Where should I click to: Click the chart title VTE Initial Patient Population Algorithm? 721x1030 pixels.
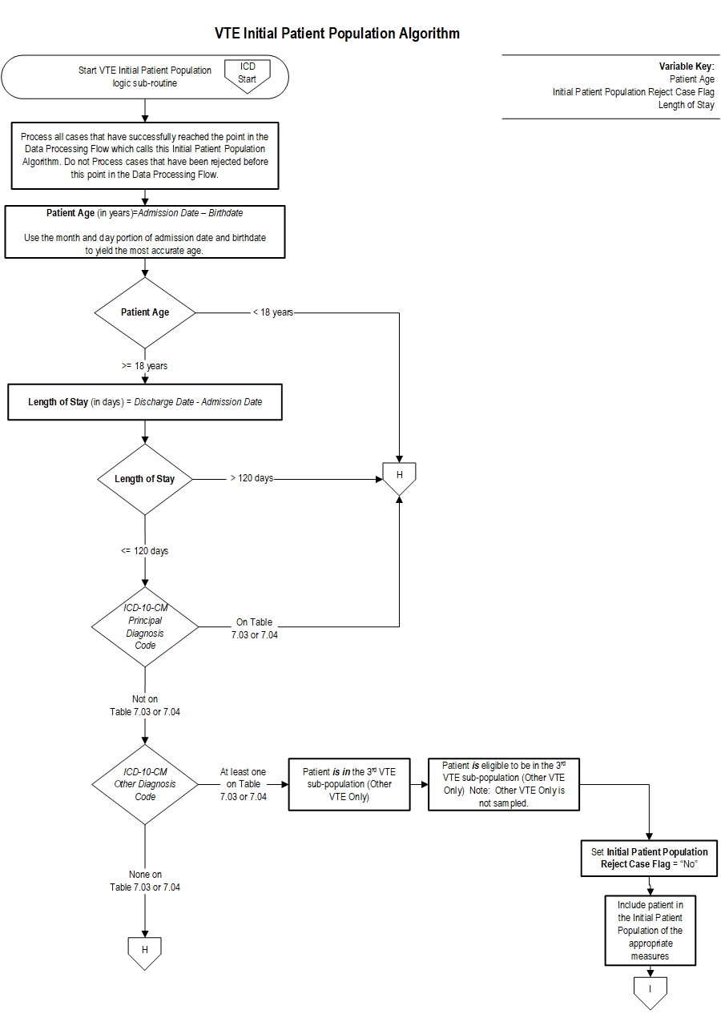(x=337, y=34)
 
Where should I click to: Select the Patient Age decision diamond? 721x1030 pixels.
(x=145, y=312)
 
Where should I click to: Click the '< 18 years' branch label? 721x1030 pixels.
(x=273, y=312)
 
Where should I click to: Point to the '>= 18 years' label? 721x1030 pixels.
(x=145, y=366)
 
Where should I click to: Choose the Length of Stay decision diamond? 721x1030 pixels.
(x=145, y=479)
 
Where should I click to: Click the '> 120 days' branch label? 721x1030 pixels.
(x=252, y=478)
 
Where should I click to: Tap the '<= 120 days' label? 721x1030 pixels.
(x=145, y=551)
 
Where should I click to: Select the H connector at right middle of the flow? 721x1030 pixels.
(x=399, y=477)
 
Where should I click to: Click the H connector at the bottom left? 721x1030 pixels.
(x=145, y=950)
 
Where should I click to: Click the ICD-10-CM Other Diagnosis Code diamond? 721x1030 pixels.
(x=145, y=784)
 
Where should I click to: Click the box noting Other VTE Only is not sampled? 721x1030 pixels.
(x=504, y=784)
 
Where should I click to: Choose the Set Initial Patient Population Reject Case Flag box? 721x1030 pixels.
(x=649, y=858)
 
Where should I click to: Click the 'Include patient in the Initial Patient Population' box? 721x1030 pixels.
(x=650, y=930)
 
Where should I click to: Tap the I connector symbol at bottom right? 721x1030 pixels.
(x=650, y=988)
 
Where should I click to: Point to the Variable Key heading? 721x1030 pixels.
(x=687, y=66)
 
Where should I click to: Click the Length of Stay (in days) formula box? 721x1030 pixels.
(x=145, y=402)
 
